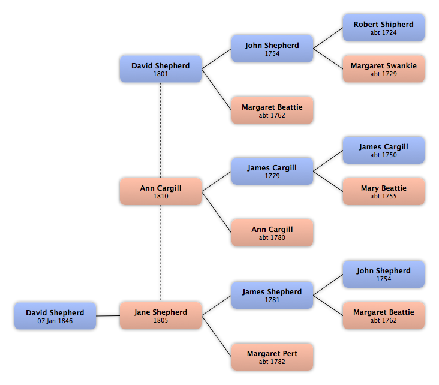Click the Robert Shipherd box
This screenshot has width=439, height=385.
[x=383, y=28]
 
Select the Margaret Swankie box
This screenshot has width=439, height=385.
[x=383, y=69]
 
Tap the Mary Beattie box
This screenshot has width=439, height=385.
[x=383, y=191]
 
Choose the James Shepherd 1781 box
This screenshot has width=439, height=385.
[x=272, y=295]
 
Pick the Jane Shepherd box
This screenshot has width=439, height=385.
[x=160, y=315]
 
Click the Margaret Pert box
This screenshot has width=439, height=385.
[x=272, y=357]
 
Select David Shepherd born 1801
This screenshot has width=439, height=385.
[x=160, y=69]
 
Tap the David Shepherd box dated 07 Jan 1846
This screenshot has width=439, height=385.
[x=55, y=315]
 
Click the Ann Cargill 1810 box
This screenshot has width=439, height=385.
[x=160, y=191]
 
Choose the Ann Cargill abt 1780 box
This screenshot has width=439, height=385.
[x=272, y=233]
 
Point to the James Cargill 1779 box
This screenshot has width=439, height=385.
[x=272, y=171]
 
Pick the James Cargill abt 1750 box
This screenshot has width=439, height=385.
[x=383, y=150]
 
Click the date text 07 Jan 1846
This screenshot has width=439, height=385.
[x=55, y=321]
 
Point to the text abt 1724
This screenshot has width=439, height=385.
[x=383, y=33]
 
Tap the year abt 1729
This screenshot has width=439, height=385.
[x=383, y=74]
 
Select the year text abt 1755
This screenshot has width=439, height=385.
[x=383, y=197]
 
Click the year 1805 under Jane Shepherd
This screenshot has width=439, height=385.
[x=160, y=321]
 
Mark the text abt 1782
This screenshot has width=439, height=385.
[x=272, y=362]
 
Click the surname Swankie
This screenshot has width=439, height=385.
[x=402, y=65]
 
